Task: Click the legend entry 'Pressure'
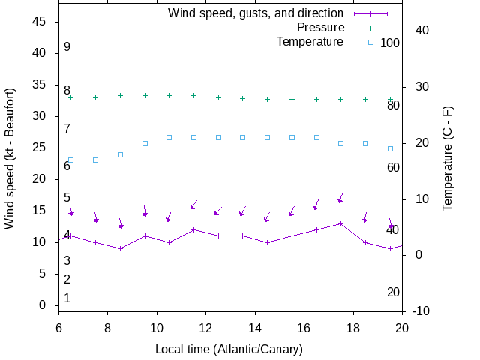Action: pos(320,28)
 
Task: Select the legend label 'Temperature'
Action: pos(310,41)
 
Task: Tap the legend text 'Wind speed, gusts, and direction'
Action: pos(255,13)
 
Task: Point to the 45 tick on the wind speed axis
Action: pos(40,22)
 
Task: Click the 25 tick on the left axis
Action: pos(40,148)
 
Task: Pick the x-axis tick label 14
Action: pos(255,328)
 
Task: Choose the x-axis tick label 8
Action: pos(108,328)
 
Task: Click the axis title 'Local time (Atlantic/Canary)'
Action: pos(229,349)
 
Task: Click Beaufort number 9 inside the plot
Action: pos(67,46)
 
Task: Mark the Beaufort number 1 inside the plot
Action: pos(67,298)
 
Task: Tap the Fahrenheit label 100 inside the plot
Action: pos(390,43)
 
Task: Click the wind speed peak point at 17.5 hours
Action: pos(341,223)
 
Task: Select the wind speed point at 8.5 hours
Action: pos(120,248)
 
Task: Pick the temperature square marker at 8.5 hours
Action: pos(120,154)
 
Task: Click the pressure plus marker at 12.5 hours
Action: pos(218,97)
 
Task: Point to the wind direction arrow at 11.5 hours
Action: pos(193,204)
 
